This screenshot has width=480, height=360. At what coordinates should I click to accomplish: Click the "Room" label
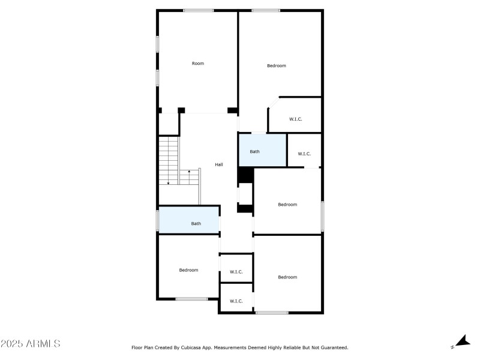tap(198, 63)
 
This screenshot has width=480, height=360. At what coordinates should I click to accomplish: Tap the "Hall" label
tap(219, 164)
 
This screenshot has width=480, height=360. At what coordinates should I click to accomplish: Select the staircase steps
tap(169, 160)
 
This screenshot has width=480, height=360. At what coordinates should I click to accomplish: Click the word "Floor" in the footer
tap(137, 347)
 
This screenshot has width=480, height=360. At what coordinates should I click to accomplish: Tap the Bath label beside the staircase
tap(196, 224)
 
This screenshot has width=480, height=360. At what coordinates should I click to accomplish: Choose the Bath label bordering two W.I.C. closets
tap(255, 151)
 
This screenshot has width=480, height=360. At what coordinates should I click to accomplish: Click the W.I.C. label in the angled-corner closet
tap(296, 119)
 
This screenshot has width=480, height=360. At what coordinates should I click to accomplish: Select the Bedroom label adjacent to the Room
tap(277, 65)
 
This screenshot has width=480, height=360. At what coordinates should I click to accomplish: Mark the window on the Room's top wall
tap(199, 10)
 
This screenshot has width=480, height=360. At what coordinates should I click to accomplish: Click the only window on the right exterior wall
tap(322, 216)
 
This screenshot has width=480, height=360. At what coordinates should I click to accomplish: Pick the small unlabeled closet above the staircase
tap(169, 124)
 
